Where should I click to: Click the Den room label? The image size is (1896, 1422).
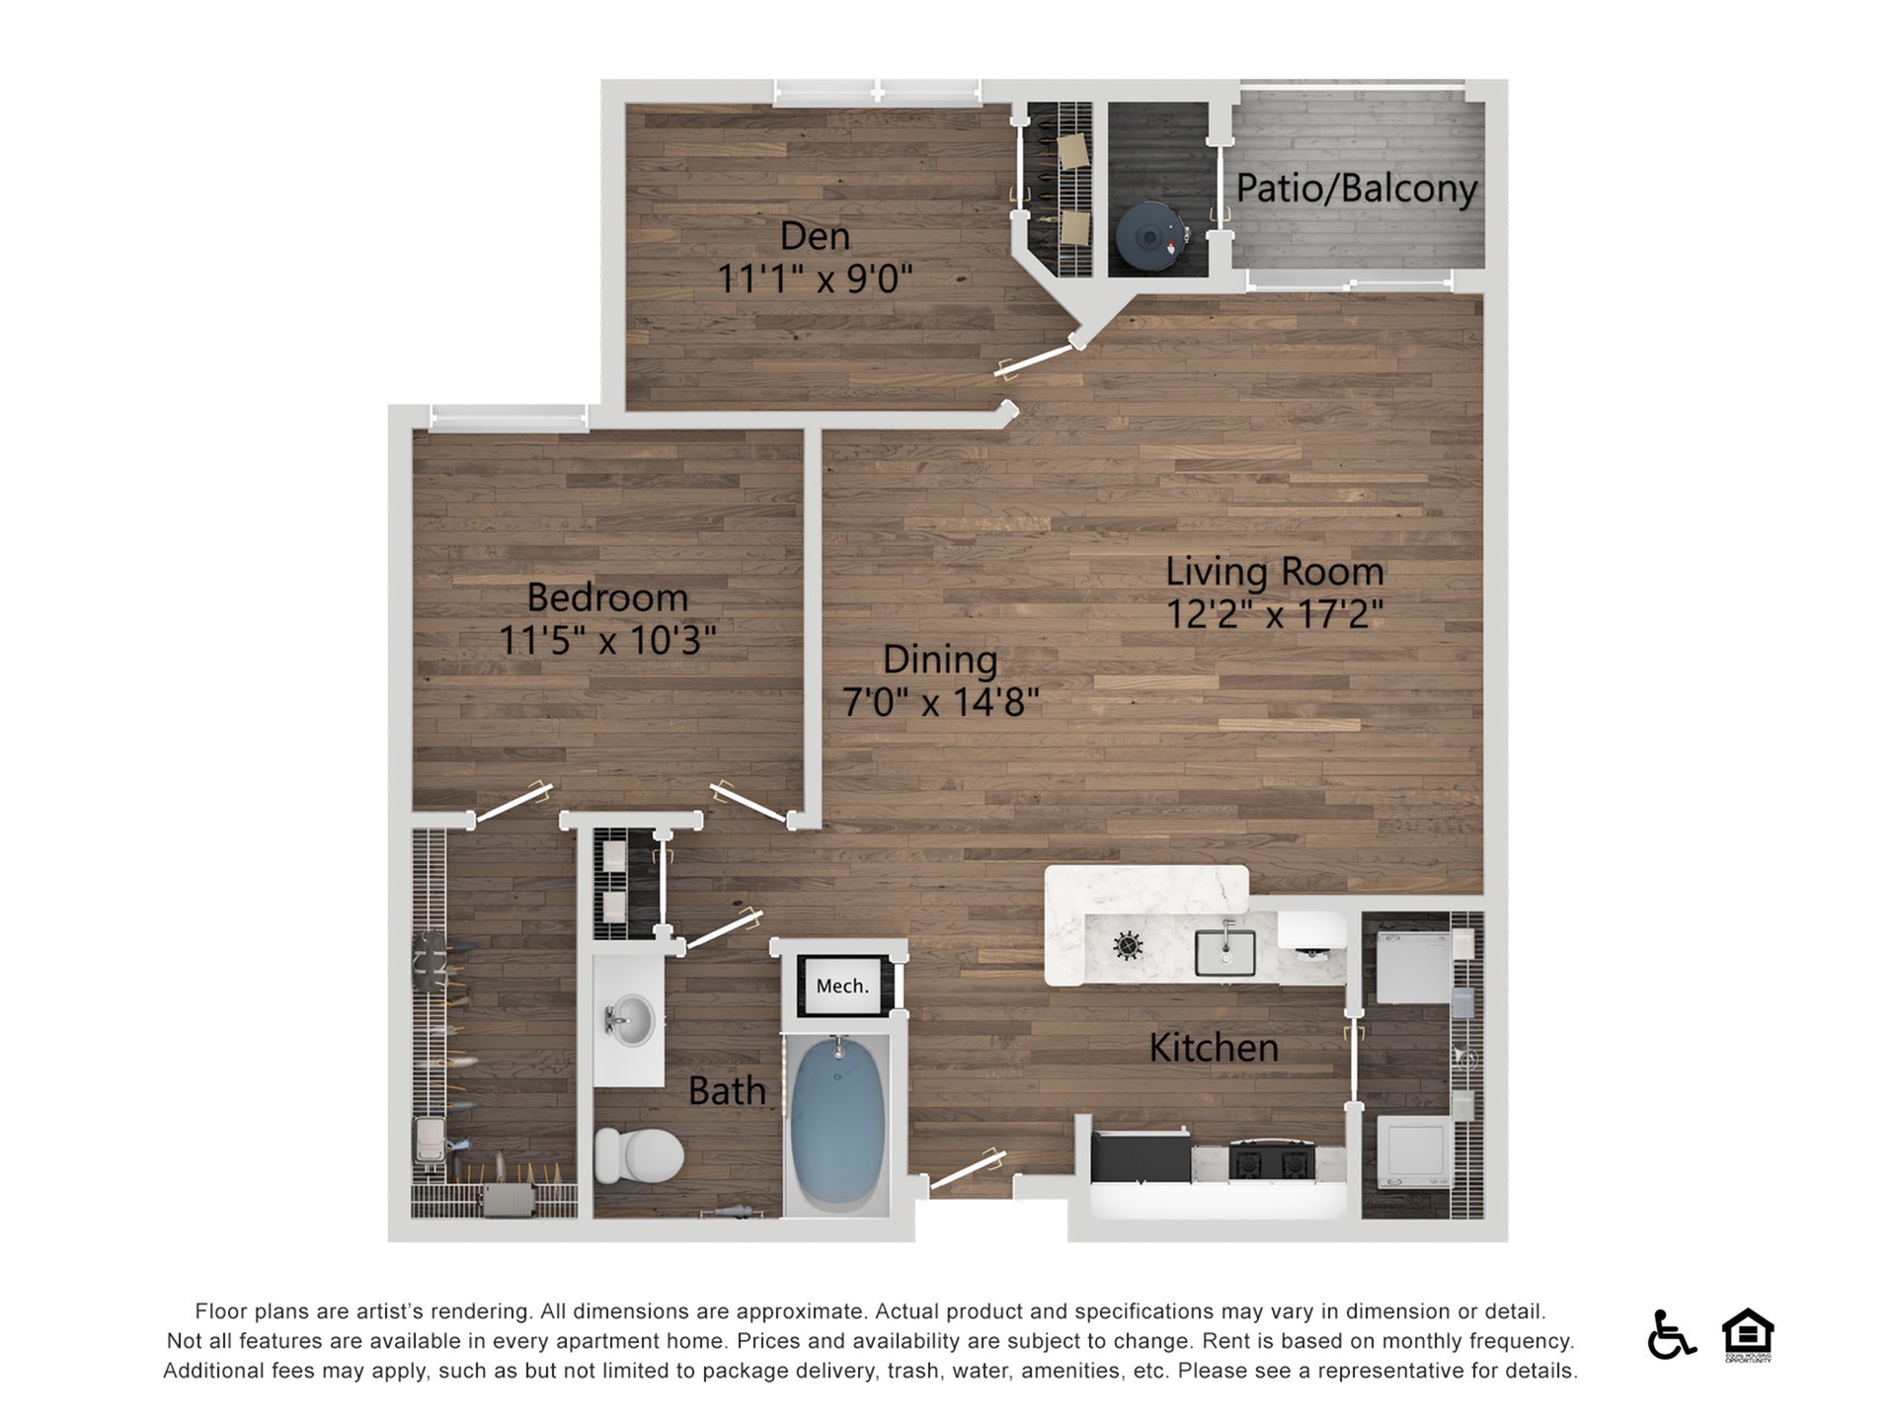coord(815,236)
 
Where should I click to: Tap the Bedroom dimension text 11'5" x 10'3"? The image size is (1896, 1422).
coord(607,640)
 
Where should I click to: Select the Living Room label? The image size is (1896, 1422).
coord(1275,571)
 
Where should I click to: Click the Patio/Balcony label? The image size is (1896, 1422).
coord(1357,189)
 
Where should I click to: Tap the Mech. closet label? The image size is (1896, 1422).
coord(842,986)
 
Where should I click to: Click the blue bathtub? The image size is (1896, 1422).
coord(837,1125)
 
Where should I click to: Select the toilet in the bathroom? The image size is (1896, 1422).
coord(639,1154)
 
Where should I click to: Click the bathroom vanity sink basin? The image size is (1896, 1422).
coord(629,1019)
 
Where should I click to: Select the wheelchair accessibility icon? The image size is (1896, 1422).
coord(1671,1334)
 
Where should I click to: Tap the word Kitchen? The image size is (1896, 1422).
coord(1214,1048)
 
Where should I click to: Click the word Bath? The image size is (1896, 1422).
coord(727,1091)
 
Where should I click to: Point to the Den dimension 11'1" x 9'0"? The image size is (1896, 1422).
coord(815,279)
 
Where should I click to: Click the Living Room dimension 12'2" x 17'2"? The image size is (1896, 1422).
coord(1275,614)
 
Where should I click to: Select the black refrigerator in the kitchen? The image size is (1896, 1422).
coord(1141,1155)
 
